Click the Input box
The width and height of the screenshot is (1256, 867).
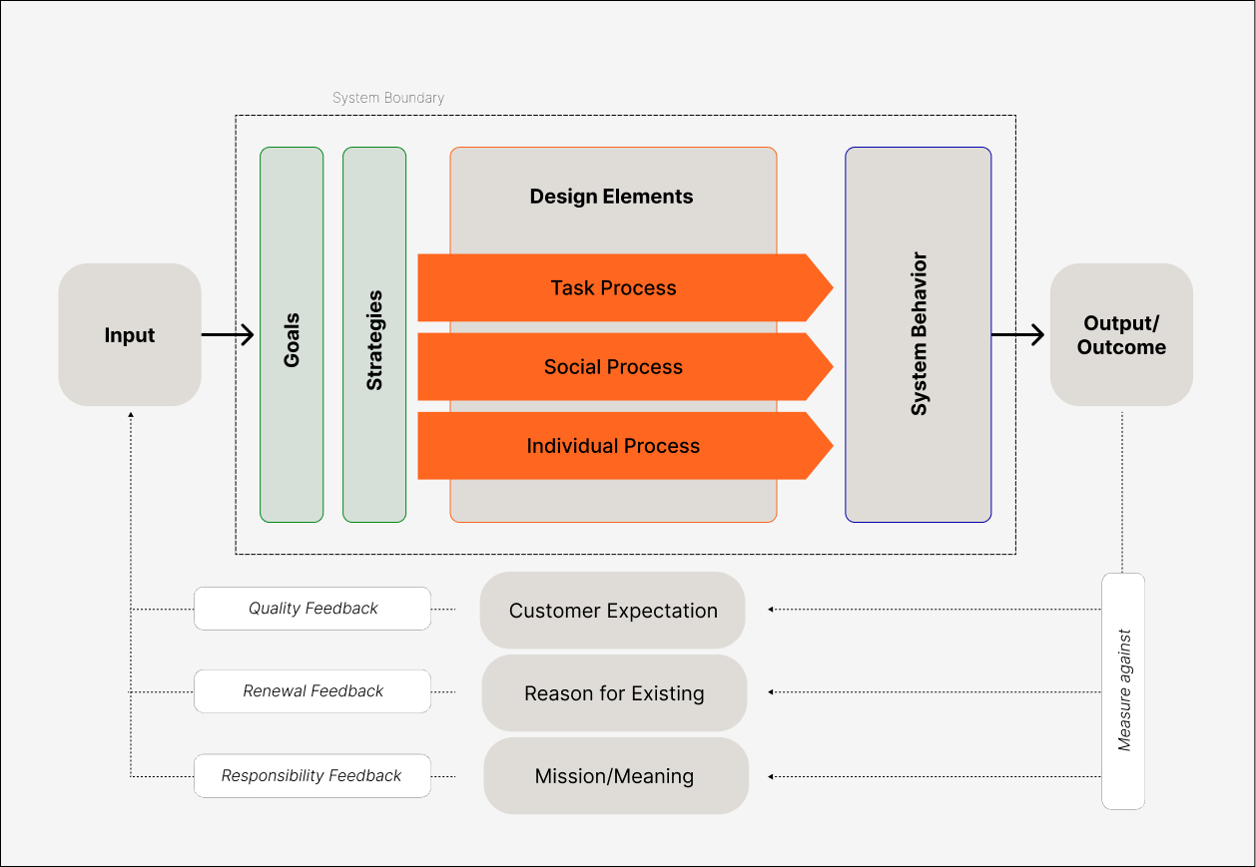[130, 335]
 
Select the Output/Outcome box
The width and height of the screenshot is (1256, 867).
[1121, 335]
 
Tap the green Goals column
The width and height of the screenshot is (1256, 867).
[292, 335]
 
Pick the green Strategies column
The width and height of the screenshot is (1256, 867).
[374, 335]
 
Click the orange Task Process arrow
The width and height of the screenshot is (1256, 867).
[614, 288]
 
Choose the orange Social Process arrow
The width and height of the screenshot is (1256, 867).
[614, 367]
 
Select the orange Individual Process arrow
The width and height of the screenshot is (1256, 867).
[614, 446]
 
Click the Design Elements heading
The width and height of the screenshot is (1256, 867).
[611, 197]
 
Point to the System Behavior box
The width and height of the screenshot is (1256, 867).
[918, 335]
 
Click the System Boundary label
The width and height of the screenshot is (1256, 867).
[388, 98]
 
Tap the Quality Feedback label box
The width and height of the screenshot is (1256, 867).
[313, 609]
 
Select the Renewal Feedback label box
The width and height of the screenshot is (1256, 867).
[313, 691]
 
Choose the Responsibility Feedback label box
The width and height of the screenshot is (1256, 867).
[313, 775]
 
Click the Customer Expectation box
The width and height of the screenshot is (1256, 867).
[613, 611]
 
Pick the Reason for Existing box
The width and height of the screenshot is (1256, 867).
[614, 693]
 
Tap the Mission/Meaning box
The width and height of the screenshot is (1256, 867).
[615, 776]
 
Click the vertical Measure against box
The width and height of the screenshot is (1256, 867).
[1123, 690]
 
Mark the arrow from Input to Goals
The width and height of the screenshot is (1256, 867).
[228, 335]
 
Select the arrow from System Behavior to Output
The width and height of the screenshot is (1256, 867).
[1018, 335]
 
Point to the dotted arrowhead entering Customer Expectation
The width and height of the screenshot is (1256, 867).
[771, 609]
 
